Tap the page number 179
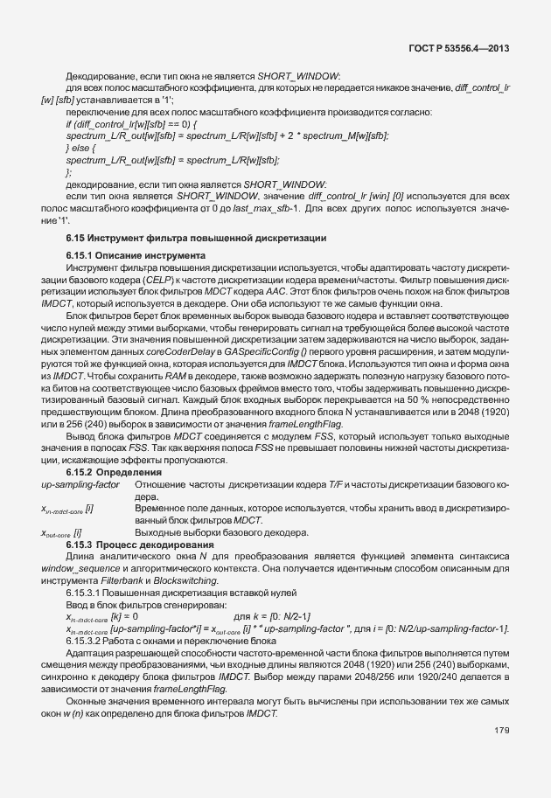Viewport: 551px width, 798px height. coord(501,730)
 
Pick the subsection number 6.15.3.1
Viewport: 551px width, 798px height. coord(85,593)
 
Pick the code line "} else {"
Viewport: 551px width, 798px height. coord(81,149)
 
